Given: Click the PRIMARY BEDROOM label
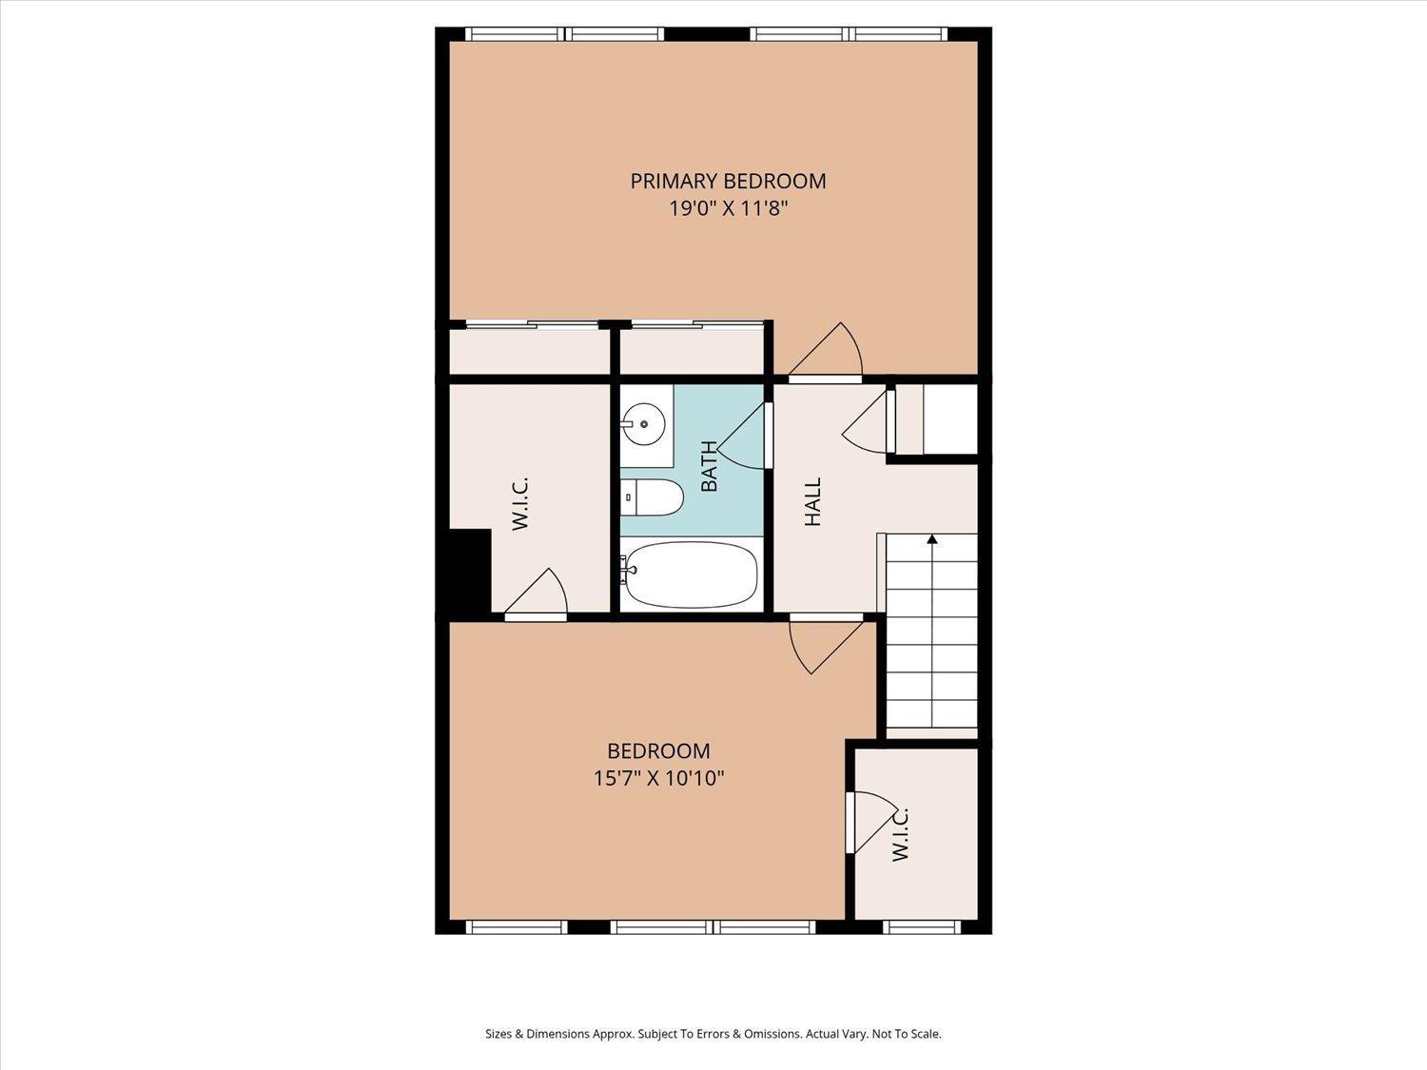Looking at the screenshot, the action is (x=728, y=182).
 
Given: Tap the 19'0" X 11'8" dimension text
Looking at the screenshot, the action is (x=729, y=208).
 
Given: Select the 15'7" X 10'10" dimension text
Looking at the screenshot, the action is (x=658, y=778).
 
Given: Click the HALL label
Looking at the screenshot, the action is (x=813, y=502).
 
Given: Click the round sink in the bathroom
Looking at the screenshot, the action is (x=644, y=424).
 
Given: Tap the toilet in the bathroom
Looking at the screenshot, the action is (x=652, y=498).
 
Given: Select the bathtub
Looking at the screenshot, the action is (x=690, y=574).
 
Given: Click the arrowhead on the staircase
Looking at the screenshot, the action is (x=933, y=538).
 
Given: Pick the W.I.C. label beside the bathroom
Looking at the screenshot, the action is (x=520, y=503).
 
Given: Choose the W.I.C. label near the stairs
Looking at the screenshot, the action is (x=900, y=835).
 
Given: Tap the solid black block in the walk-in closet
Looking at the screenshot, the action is (x=470, y=569).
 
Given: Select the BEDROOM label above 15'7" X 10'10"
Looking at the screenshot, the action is (x=658, y=751).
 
